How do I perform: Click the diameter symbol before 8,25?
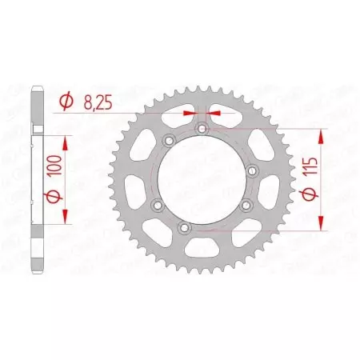[x=67, y=102]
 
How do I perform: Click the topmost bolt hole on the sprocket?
[x=202, y=128]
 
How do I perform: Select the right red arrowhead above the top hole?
[x=213, y=113]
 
